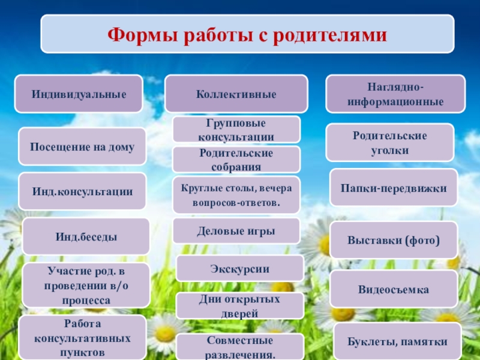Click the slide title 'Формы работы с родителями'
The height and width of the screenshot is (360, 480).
[x=247, y=34]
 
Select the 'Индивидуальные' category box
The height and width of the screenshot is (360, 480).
[x=79, y=94]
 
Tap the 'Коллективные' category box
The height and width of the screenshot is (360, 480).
[x=236, y=94]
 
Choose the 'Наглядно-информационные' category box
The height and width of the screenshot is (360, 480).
[x=395, y=94]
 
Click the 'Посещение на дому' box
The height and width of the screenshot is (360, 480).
[x=82, y=146]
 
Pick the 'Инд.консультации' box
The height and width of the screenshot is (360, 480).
[x=82, y=191]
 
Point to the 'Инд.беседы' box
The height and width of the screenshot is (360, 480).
[x=86, y=236]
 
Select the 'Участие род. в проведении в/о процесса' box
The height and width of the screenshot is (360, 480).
[x=86, y=284]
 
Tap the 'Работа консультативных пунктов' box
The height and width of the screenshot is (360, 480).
[x=82, y=338]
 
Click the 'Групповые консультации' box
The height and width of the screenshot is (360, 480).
[x=236, y=129]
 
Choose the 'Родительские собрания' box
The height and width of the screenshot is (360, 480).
[x=236, y=160]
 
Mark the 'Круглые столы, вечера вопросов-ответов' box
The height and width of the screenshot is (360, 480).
[x=236, y=195]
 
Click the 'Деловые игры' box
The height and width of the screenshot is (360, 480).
[x=236, y=230]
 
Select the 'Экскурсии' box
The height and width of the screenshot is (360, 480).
[x=239, y=268]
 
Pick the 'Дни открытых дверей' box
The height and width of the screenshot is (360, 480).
[x=239, y=305]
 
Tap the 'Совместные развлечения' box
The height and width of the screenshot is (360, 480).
[x=240, y=347]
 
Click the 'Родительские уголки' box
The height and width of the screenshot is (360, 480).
[x=389, y=142]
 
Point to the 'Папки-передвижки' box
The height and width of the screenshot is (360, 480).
[x=394, y=187]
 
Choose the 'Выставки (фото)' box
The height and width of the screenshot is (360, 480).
[x=394, y=240]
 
